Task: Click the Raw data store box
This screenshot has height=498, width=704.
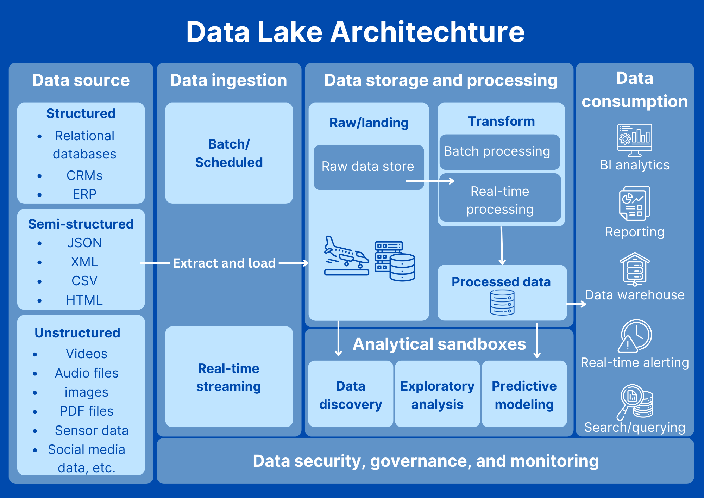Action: [x=369, y=167]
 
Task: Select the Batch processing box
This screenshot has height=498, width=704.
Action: [x=499, y=152]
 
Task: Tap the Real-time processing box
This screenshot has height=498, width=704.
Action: [x=500, y=198]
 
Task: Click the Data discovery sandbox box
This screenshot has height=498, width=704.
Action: [x=351, y=394]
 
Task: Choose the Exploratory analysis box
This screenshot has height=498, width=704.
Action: [x=438, y=394]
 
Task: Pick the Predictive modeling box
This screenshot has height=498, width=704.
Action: [x=524, y=394]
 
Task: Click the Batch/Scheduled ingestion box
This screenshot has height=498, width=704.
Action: [x=229, y=153]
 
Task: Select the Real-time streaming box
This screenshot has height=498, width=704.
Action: [x=229, y=377]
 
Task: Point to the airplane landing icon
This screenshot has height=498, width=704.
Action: [x=347, y=256]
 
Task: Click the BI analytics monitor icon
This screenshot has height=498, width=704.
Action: [x=635, y=140]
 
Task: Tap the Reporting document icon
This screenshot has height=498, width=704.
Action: [x=635, y=204]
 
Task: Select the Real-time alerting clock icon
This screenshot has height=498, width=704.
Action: [x=635, y=336]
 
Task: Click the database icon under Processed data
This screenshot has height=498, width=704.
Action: [x=502, y=302]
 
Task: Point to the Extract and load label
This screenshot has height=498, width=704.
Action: [x=224, y=263]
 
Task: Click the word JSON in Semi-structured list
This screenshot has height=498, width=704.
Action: [x=84, y=243]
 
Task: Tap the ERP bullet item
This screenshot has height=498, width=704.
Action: [x=84, y=194]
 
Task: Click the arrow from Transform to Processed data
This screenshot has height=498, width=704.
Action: [x=502, y=245]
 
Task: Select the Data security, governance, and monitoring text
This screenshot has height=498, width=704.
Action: [x=426, y=461]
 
